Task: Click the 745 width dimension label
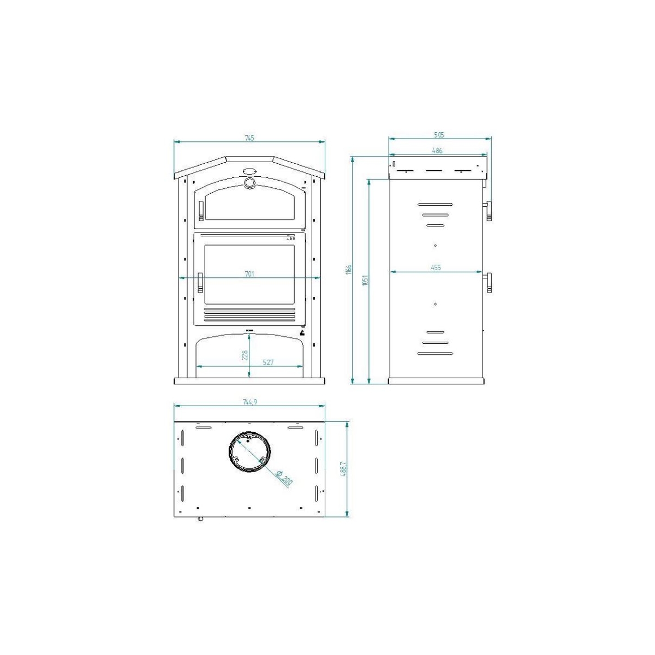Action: click(249, 138)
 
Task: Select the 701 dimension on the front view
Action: click(249, 273)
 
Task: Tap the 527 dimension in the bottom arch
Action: click(267, 362)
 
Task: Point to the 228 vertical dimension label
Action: click(245, 355)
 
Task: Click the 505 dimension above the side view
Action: click(439, 134)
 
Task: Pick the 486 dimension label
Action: click(437, 150)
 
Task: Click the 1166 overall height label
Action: click(349, 269)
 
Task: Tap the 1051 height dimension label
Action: click(365, 279)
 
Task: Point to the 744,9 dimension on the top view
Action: click(249, 401)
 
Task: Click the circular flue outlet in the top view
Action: click(249, 452)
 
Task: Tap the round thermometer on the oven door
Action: click(249, 183)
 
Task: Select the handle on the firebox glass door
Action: click(200, 282)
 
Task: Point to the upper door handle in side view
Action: click(489, 210)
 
